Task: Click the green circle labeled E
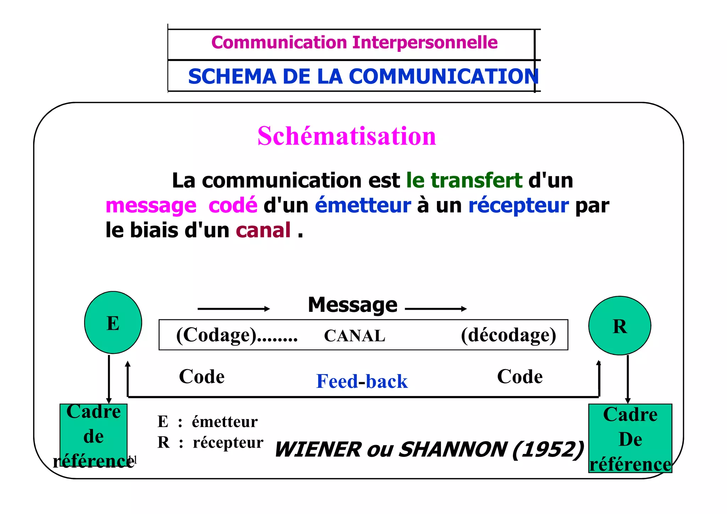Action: coord(113,323)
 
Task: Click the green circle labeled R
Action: coord(619,326)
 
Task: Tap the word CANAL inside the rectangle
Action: coord(354,336)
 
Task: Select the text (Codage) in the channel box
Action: coord(216,335)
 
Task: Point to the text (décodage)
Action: coord(508,335)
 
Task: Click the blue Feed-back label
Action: coord(362,382)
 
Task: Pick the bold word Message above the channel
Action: coord(352,305)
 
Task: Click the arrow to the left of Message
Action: coord(234,309)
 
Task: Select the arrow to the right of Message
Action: coord(436,309)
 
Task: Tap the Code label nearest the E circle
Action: coord(202,377)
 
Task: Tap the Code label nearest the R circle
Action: coord(520,377)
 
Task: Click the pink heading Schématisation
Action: coord(346,136)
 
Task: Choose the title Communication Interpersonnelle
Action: coord(354,43)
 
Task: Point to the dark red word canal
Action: coord(263,230)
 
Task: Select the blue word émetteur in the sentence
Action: coord(363,205)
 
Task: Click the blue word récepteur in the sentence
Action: coord(518,205)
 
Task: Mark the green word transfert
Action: coord(476,180)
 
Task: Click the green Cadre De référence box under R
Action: coord(630,438)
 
